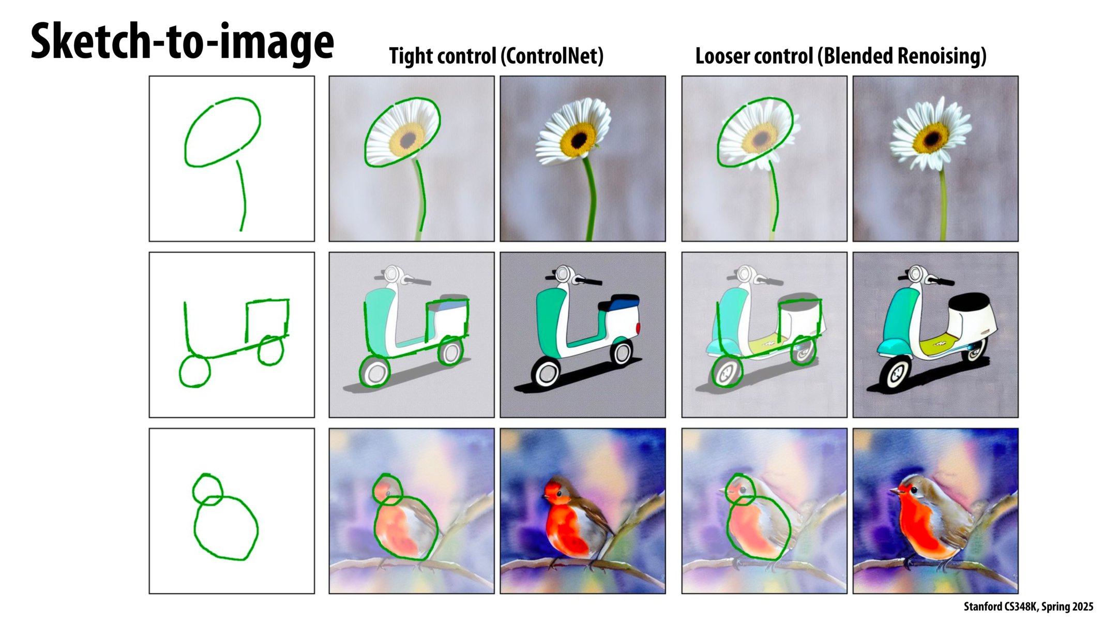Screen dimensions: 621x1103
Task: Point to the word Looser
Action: [x=723, y=56]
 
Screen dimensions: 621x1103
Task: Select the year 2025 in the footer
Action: [x=1082, y=607]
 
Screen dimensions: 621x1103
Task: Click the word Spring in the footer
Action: [x=1054, y=607]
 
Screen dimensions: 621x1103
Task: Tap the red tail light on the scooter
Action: [x=639, y=328]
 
